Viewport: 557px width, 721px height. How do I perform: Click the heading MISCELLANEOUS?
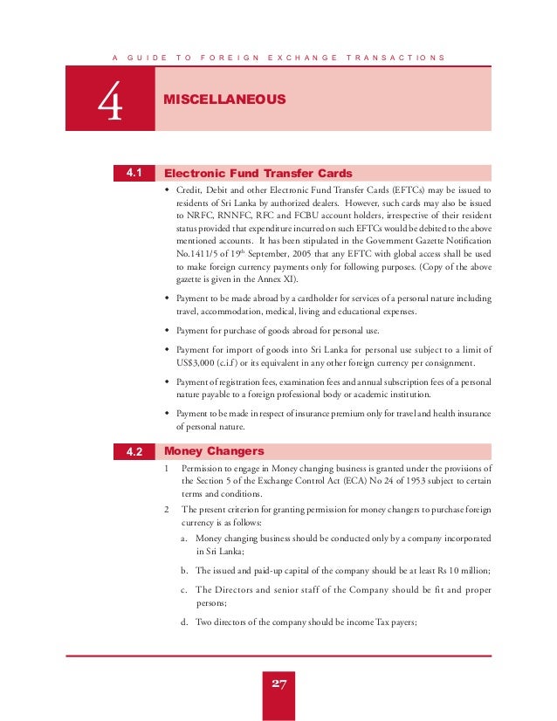pos(224,100)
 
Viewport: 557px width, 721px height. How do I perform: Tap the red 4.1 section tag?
pos(134,173)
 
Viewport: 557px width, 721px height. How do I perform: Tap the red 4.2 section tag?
pos(134,452)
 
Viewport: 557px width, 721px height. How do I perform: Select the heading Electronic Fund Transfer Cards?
pos(258,173)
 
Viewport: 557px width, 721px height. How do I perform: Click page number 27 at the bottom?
pos(278,683)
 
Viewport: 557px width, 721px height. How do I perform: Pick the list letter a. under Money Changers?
pos(186,539)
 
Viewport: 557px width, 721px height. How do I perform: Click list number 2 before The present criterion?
pos(168,508)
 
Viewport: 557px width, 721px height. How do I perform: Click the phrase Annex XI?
pos(275,279)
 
